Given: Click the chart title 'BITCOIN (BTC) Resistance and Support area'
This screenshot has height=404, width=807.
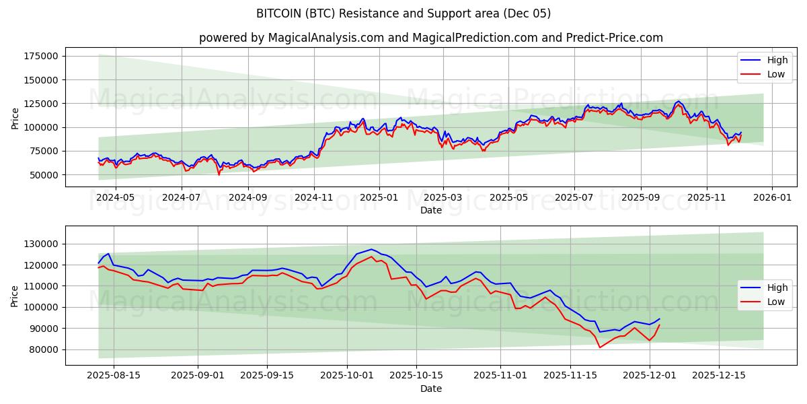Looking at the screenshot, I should click(x=403, y=13).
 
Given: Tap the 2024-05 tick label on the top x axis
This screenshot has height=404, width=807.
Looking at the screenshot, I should click(x=116, y=198).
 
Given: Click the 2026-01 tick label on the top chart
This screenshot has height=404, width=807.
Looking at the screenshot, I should click(x=771, y=198).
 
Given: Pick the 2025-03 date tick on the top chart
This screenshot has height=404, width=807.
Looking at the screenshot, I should click(x=443, y=198).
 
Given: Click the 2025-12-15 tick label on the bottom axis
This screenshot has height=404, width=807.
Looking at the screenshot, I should click(x=718, y=375).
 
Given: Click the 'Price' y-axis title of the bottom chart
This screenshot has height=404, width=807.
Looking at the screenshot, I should click(x=15, y=295).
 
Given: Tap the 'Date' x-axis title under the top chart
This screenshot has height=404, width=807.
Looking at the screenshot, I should click(x=430, y=210).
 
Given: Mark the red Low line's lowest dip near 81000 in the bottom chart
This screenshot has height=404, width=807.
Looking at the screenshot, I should click(x=600, y=347).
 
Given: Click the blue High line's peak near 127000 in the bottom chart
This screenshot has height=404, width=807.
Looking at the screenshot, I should click(x=371, y=249).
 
